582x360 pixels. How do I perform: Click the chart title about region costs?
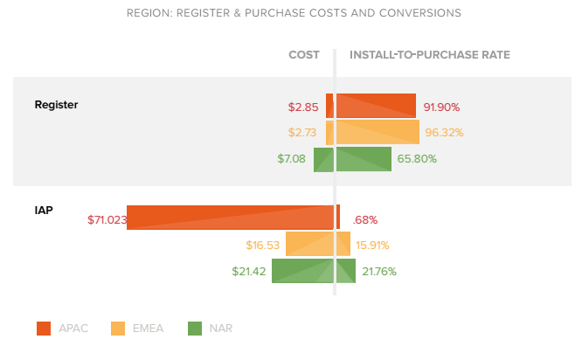294,13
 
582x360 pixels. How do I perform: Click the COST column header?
304,55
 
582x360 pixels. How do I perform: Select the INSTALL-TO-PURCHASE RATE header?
430,55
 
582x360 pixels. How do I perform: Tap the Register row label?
56,105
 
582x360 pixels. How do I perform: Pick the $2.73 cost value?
302,133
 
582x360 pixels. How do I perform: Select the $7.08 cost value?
292,159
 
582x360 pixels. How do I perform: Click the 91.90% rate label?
441,107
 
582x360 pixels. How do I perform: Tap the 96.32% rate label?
444,133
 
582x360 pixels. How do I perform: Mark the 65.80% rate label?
417,159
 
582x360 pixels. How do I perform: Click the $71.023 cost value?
107,219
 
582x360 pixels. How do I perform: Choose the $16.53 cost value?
263,246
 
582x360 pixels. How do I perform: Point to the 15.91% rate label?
373,246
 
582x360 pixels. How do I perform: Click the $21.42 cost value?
249,272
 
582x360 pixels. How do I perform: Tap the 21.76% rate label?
379,272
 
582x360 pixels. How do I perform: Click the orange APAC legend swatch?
44,329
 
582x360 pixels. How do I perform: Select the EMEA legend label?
149,329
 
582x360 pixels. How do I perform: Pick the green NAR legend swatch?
195,329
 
